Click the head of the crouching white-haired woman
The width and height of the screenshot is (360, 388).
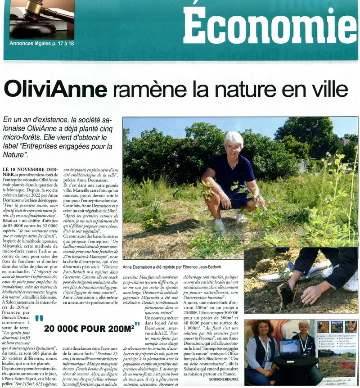pos(234,143)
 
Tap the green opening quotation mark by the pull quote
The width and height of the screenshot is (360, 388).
pos(39,319)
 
